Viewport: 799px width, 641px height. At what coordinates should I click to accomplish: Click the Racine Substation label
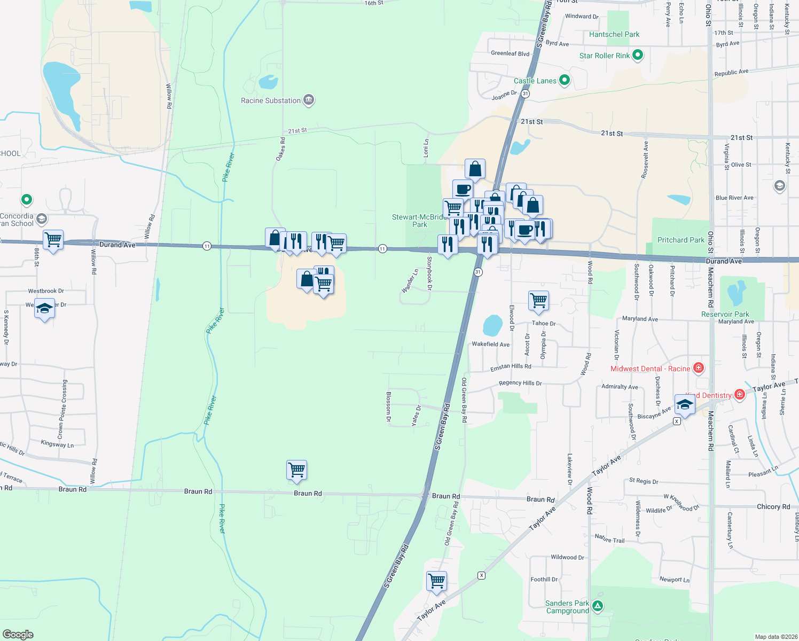coord(271,100)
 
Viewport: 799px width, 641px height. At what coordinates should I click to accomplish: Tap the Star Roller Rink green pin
coord(637,55)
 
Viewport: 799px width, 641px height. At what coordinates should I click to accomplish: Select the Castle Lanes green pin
coord(565,81)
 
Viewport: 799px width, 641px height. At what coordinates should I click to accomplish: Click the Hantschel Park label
coord(614,34)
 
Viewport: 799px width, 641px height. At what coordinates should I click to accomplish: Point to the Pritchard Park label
coord(681,240)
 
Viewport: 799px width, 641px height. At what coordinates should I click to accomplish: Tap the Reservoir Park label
coord(725,314)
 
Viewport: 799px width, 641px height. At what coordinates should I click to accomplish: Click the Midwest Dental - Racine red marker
coord(698,368)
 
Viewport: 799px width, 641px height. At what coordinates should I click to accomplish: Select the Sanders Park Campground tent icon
coord(598,606)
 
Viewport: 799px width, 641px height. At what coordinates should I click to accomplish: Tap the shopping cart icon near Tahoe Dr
coord(538,300)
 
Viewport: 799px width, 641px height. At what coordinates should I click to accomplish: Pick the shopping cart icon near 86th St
coord(53,239)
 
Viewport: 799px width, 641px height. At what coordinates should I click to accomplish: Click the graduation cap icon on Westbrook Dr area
coord(44,308)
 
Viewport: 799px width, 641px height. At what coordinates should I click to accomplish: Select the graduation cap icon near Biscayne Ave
coord(685,404)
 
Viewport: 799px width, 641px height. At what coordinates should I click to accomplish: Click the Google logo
coord(18,635)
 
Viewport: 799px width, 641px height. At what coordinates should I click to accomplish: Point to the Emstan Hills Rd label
coord(511,368)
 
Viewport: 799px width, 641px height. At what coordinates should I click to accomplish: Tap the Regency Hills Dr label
coord(520,383)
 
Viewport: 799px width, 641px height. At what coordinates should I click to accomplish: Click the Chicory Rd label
coord(773,506)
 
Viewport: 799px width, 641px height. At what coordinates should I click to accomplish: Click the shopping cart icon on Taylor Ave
coord(437,580)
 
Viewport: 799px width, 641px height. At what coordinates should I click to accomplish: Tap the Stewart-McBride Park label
coord(419,221)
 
